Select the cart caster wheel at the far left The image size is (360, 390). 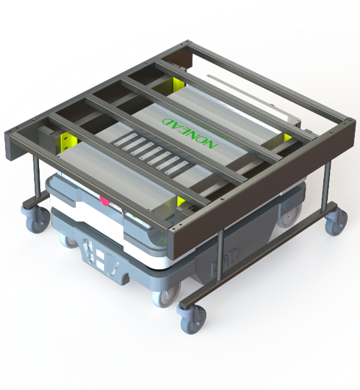pos(35,219)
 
